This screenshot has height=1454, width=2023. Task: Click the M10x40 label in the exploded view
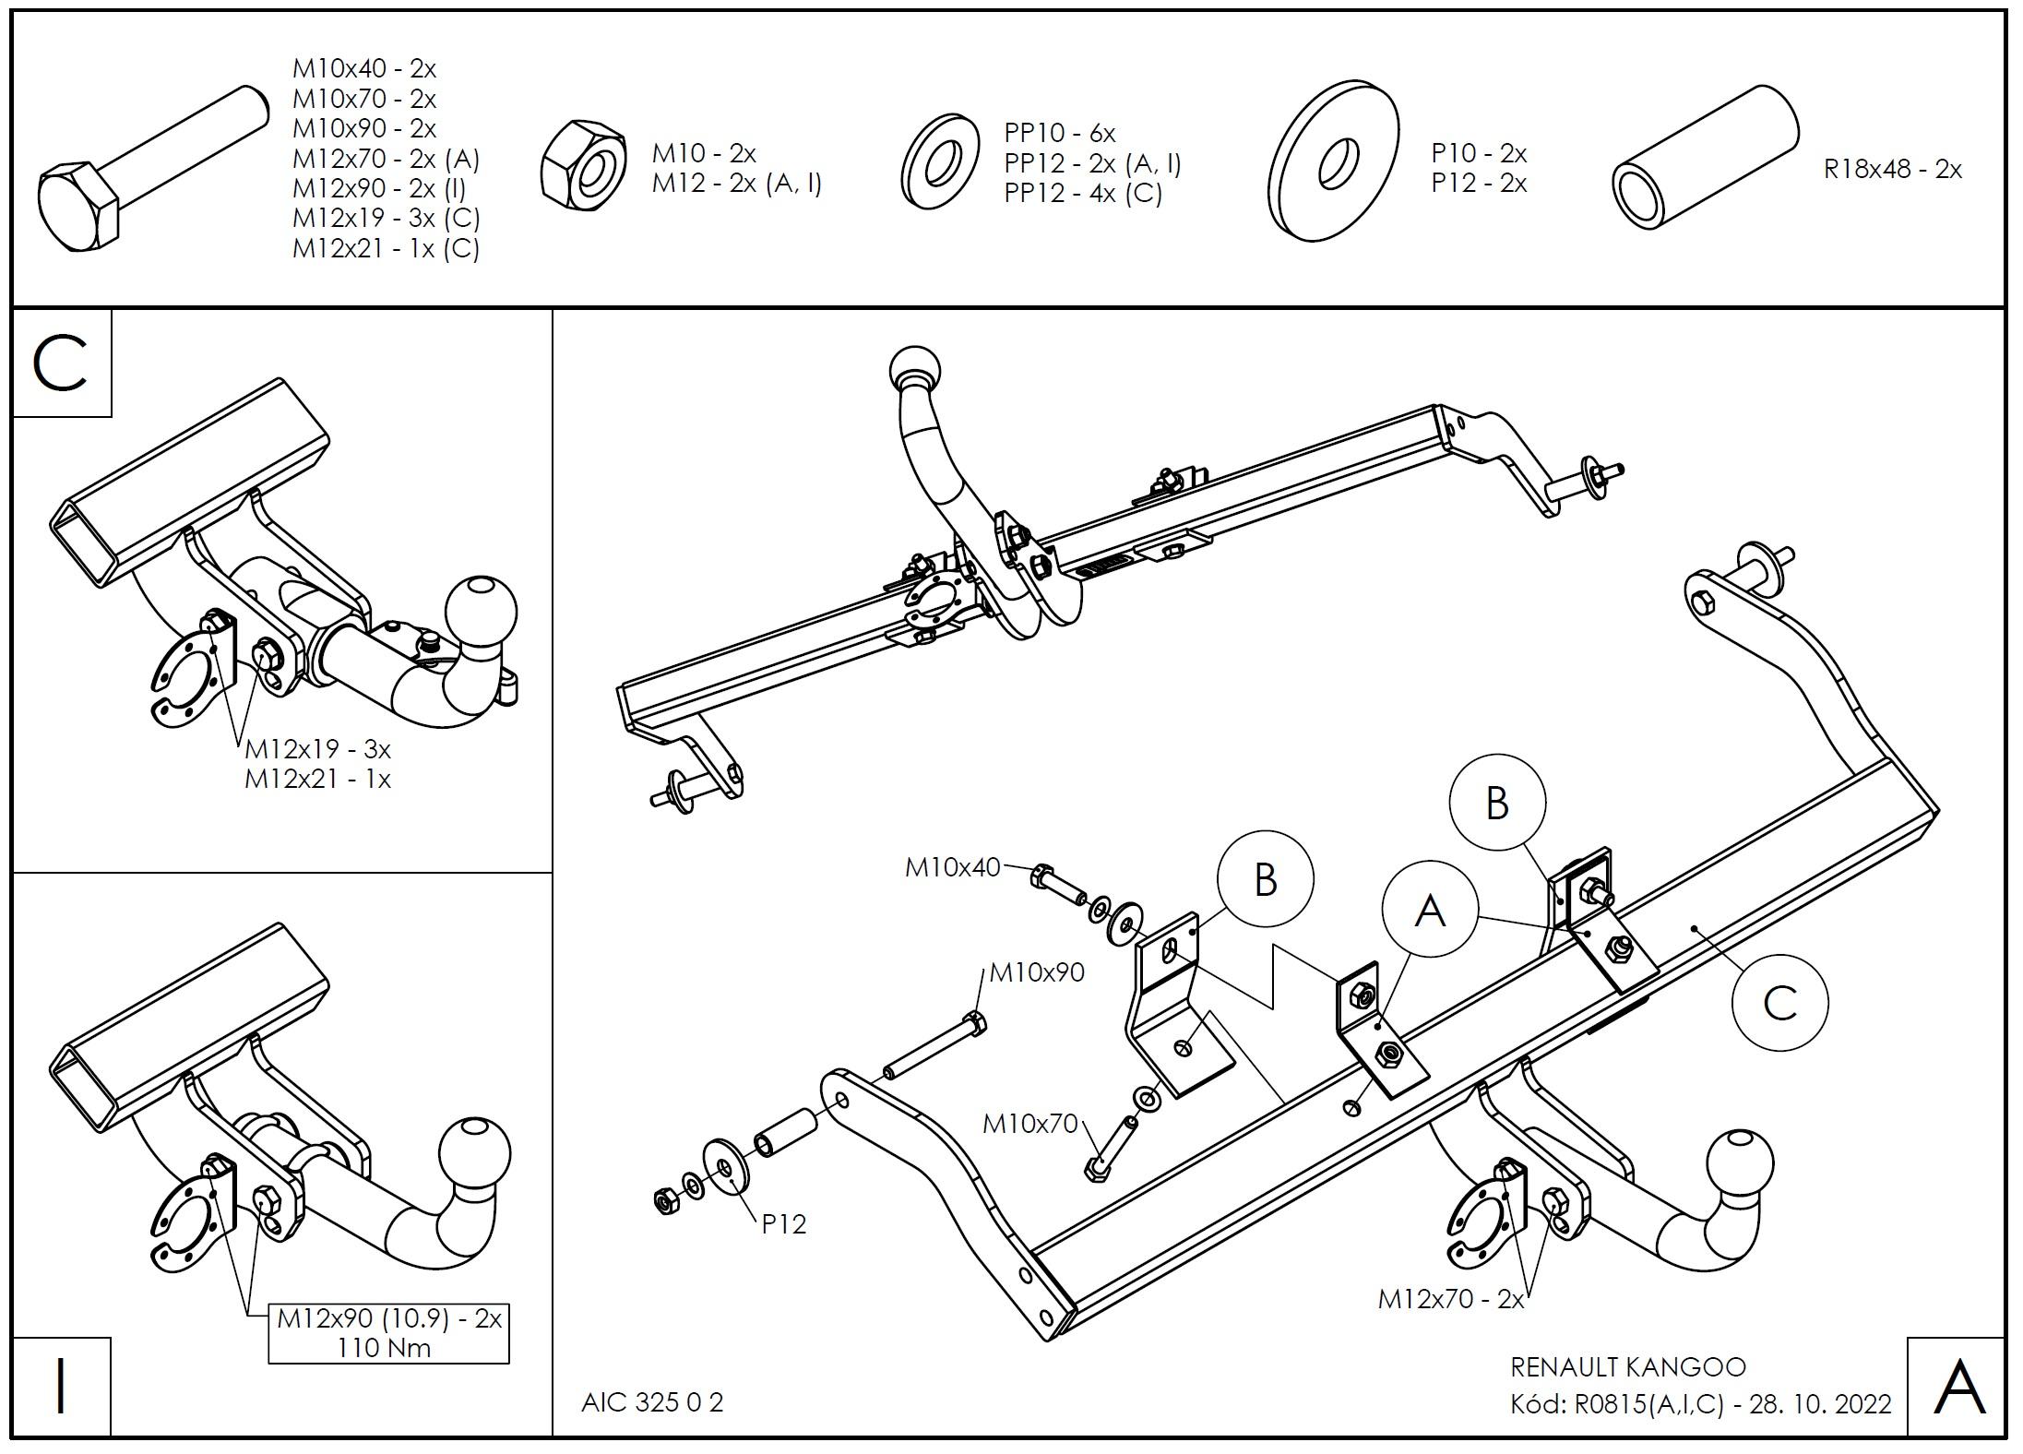[952, 867]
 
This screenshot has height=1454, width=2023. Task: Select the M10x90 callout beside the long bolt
[1037, 972]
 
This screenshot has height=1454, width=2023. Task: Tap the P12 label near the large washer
[783, 1224]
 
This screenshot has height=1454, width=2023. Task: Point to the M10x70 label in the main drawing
[1029, 1124]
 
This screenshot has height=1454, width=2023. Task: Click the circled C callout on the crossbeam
[1779, 1003]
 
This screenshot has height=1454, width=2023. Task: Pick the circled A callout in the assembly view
[1429, 911]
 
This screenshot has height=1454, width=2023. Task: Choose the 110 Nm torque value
[384, 1348]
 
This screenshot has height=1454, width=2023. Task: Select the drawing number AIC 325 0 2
[652, 1402]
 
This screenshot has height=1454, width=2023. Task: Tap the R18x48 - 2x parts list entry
[1892, 170]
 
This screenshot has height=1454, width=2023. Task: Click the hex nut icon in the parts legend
[582, 167]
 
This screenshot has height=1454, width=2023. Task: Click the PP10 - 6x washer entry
[1059, 133]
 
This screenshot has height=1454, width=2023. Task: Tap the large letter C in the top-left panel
[60, 363]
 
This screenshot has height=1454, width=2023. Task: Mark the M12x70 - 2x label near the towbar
[1451, 1299]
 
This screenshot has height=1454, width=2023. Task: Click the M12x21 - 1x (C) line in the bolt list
[386, 248]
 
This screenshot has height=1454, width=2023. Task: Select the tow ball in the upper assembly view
[914, 373]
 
